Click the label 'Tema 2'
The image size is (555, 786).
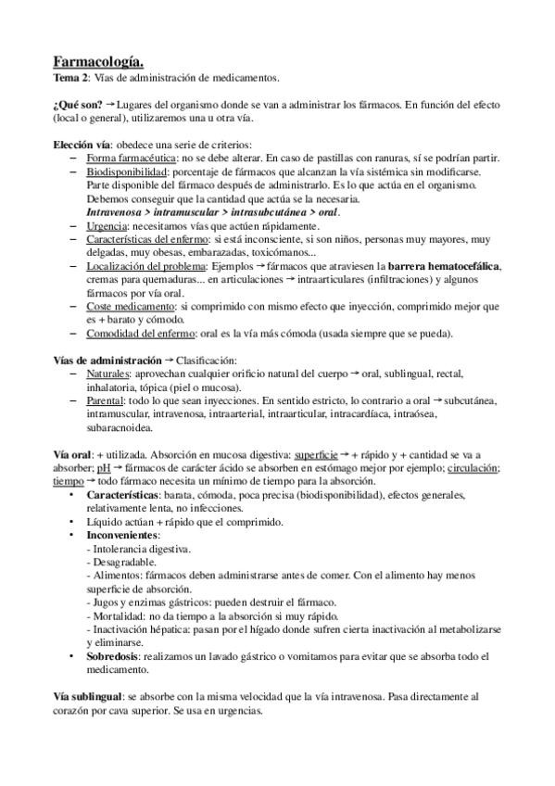tap(68, 78)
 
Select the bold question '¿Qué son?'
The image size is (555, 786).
tap(76, 103)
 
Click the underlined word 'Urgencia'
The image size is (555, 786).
tap(107, 226)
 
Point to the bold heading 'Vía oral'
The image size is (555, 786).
tap(72, 454)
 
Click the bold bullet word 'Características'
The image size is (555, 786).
tap(128, 495)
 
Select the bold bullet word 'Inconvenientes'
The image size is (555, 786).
tap(123, 535)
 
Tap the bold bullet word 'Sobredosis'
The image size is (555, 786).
tap(116, 655)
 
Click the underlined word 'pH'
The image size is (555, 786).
tap(103, 468)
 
